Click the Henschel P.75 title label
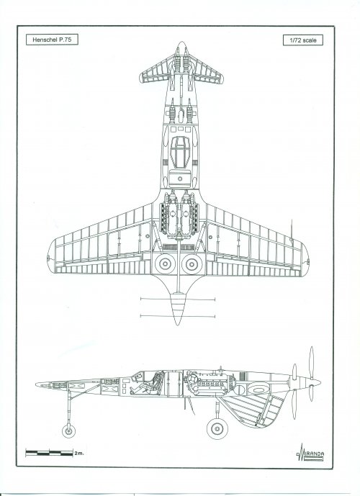click(52, 40)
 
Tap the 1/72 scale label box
click(302, 40)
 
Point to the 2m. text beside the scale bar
click(79, 454)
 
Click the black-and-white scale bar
click(50, 453)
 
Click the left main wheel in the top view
click(165, 263)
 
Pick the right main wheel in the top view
click(192, 263)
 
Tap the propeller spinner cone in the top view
click(177, 309)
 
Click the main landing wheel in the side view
click(217, 428)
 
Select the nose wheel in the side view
click(68, 430)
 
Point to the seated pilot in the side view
click(145, 384)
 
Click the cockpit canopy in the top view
click(179, 152)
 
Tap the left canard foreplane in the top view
click(156, 71)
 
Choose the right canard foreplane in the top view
click(207, 71)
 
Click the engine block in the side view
click(210, 384)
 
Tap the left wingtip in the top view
click(50, 257)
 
